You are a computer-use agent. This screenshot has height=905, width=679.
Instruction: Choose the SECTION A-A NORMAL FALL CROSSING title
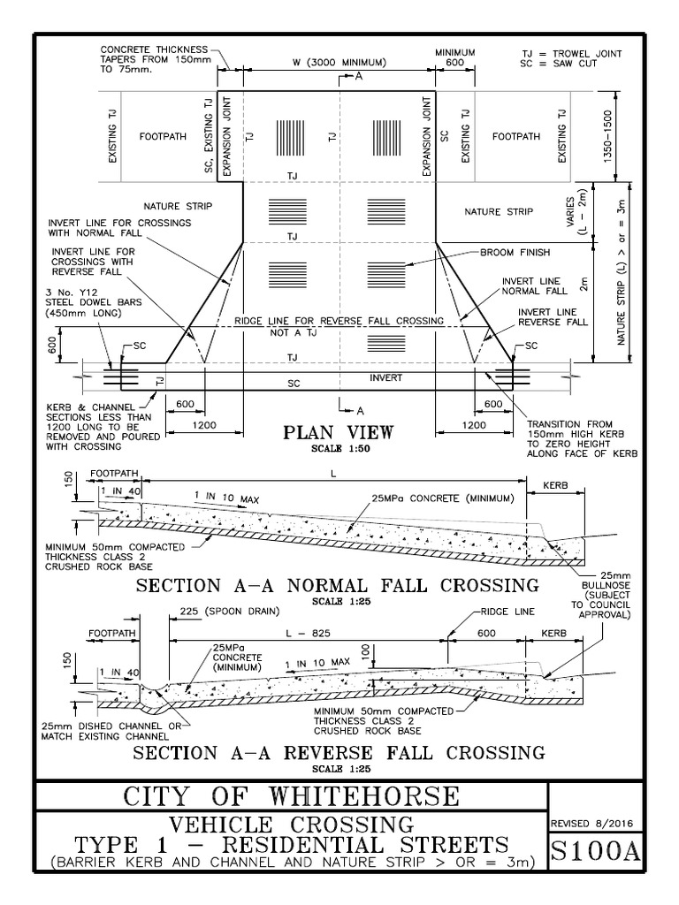coord(336,585)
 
